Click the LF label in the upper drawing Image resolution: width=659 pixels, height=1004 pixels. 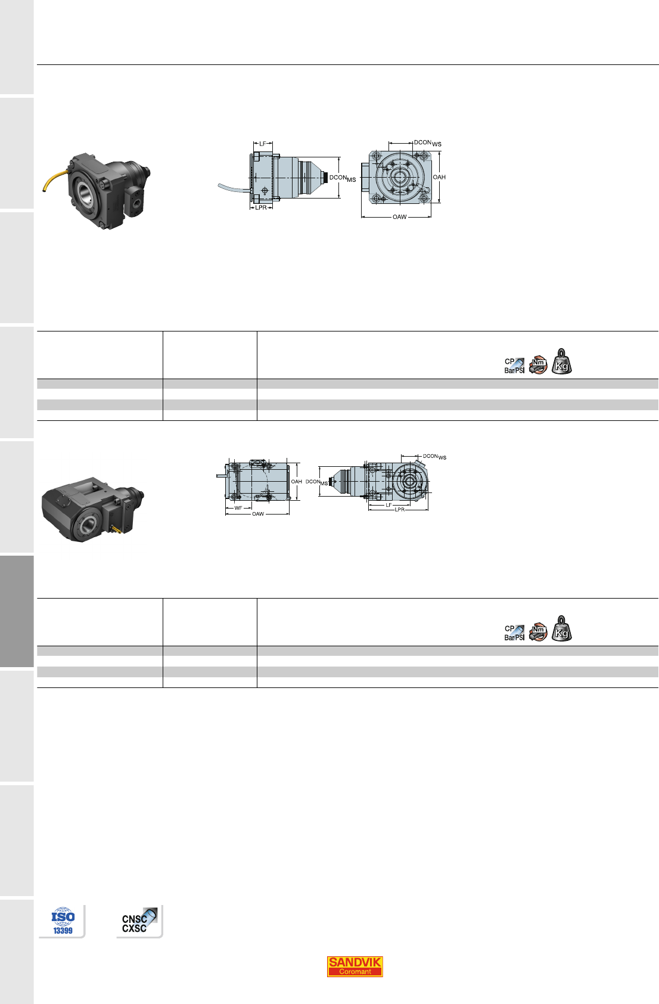click(263, 144)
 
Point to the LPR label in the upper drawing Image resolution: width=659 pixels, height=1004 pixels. click(261, 207)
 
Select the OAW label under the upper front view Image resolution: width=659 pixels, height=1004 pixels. click(400, 217)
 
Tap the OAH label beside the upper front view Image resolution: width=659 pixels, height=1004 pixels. click(439, 177)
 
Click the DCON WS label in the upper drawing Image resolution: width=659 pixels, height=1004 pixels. click(427, 143)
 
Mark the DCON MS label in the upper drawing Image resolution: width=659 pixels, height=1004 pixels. click(343, 178)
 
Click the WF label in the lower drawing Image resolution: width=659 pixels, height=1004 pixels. click(238, 508)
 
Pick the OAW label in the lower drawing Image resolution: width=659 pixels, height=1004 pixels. click(258, 514)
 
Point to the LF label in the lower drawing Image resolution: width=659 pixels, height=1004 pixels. click(389, 505)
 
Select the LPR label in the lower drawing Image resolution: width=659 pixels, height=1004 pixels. click(400, 510)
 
